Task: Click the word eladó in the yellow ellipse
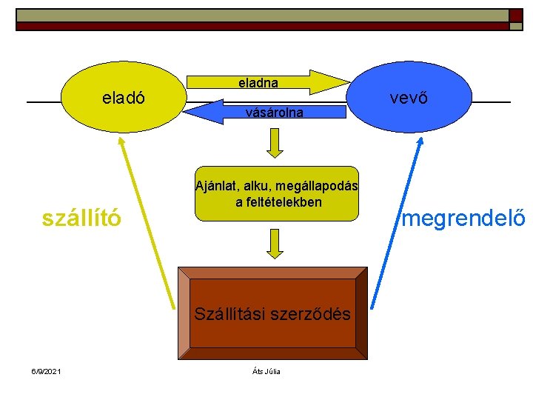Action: (123, 98)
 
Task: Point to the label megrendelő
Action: (463, 219)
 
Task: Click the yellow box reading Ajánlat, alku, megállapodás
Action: (276, 193)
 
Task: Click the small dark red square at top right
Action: (515, 16)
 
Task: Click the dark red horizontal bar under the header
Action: (259, 26)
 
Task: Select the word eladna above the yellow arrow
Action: (258, 83)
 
